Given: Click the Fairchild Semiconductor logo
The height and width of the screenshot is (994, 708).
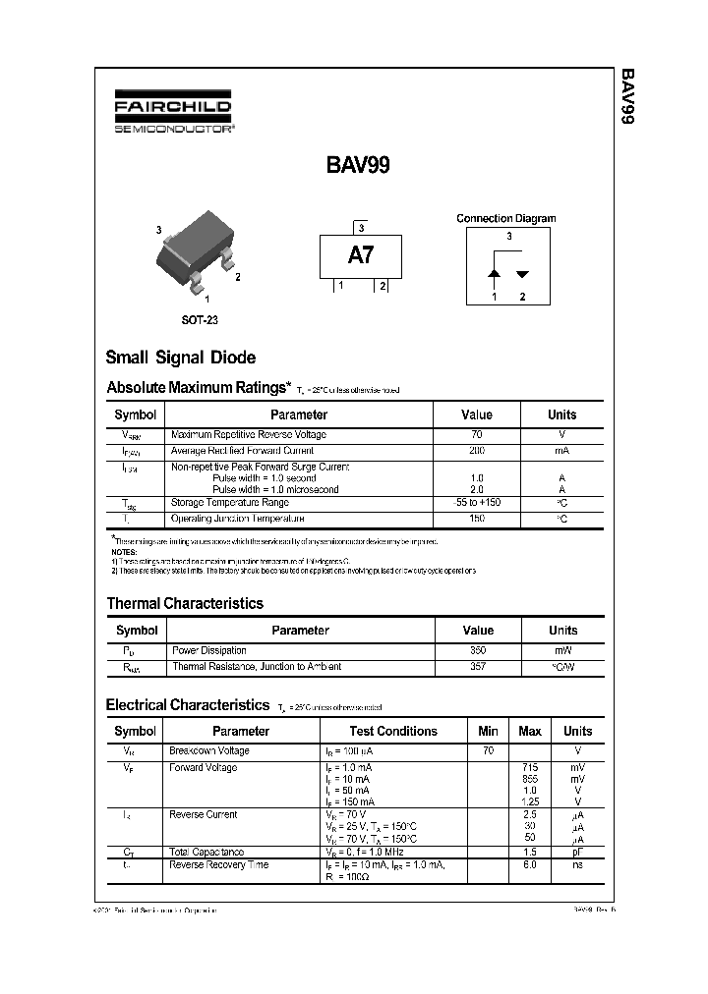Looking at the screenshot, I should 171,114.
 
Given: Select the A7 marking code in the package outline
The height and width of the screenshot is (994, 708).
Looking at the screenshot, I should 360,255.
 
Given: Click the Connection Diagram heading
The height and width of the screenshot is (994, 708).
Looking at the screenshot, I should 505,219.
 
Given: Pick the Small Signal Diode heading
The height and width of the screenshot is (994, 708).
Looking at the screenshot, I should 180,358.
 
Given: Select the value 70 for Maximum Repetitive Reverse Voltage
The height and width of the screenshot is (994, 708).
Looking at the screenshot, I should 477,434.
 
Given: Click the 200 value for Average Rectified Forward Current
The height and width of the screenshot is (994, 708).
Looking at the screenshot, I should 477,451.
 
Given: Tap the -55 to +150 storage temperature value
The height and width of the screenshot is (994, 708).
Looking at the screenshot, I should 477,503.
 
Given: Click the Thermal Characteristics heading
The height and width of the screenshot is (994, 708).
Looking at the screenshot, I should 184,603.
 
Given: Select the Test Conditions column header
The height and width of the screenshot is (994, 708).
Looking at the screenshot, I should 392,731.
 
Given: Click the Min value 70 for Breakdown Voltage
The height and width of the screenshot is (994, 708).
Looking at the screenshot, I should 487,750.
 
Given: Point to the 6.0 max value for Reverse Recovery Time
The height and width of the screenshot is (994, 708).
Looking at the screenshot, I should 529,865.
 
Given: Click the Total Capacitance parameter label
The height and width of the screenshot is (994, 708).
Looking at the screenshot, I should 206,853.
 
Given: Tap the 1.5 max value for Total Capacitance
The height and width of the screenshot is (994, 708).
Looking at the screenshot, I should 529,853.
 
